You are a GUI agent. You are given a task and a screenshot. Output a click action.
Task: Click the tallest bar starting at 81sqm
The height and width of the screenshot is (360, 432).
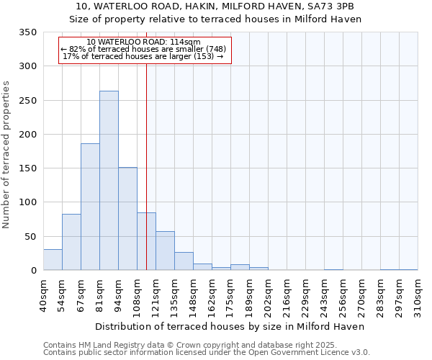click(109, 181)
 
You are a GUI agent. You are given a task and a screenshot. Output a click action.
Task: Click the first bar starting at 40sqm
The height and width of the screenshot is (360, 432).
click(53, 260)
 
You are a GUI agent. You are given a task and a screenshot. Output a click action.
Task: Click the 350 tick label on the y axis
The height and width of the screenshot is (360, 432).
click(27, 32)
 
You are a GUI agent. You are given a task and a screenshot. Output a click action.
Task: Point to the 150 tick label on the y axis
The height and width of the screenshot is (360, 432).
click(27, 168)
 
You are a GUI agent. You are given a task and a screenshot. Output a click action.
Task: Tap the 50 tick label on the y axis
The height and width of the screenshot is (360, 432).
click(30, 237)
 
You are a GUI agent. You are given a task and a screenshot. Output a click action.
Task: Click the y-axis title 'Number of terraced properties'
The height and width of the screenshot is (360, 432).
click(6, 155)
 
